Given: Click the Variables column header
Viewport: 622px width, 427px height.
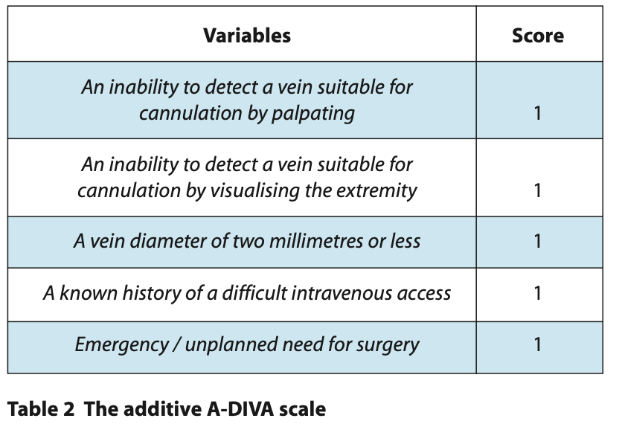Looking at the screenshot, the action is [x=247, y=36].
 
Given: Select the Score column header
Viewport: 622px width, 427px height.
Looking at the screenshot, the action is [x=538, y=36].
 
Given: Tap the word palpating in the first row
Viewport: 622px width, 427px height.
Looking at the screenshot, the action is [x=313, y=113].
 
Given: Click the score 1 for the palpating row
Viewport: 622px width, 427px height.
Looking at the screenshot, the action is [x=537, y=113].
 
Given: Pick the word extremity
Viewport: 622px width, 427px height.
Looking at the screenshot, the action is [x=376, y=190].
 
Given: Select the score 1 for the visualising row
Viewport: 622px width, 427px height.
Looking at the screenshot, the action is [x=537, y=190].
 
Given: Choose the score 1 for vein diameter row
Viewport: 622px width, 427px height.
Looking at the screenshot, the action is [x=537, y=241].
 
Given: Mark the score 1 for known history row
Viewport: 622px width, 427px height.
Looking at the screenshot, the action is [x=537, y=294].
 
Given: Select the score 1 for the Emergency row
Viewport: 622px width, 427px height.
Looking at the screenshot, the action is [x=537, y=344].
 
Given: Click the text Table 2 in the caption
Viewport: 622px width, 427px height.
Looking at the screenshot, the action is [x=41, y=408].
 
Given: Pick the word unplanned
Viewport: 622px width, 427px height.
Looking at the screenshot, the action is [x=230, y=345].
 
